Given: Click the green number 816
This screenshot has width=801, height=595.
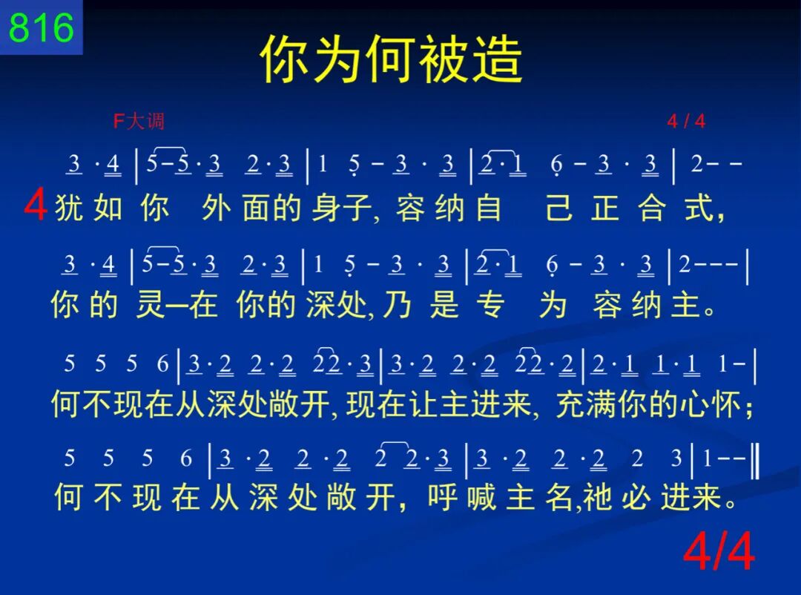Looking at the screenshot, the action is tap(42, 27).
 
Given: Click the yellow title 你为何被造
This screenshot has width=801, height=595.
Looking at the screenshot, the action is tap(392, 59).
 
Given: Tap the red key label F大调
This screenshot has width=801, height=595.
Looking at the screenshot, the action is tap(139, 121).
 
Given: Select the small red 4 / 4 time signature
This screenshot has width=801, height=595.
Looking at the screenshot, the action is tap(686, 121).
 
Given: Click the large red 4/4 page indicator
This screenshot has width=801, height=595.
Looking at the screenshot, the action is tap(719, 551).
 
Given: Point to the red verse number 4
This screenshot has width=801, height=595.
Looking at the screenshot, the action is tap(36, 205).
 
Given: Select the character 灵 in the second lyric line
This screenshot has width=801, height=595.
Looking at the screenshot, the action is tap(150, 305).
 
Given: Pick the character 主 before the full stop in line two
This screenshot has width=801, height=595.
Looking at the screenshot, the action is tap(686, 305).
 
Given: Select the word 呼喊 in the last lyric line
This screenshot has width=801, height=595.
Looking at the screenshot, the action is tap(462, 497).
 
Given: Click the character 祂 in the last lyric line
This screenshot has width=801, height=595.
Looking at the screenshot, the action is tap(597, 497).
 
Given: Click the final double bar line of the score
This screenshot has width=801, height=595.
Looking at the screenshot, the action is tap(756, 461).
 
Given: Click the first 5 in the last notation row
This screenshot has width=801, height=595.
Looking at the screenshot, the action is tap(70, 458).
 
